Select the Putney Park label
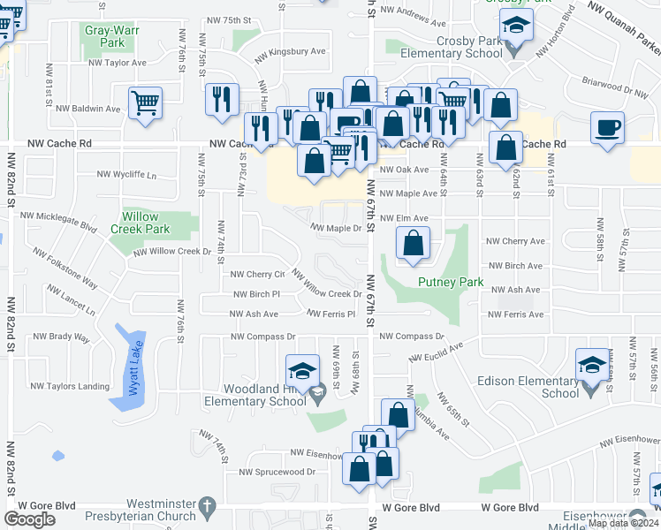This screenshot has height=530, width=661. (x=451, y=283)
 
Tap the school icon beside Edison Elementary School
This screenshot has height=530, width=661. (x=591, y=363)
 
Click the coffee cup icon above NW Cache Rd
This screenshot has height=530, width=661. (x=607, y=127)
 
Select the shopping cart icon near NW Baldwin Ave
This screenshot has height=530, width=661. (x=144, y=102)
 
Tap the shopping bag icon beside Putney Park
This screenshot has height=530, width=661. (x=413, y=243)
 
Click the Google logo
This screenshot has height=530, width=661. (x=29, y=519)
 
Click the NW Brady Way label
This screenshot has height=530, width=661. (x=62, y=337)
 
